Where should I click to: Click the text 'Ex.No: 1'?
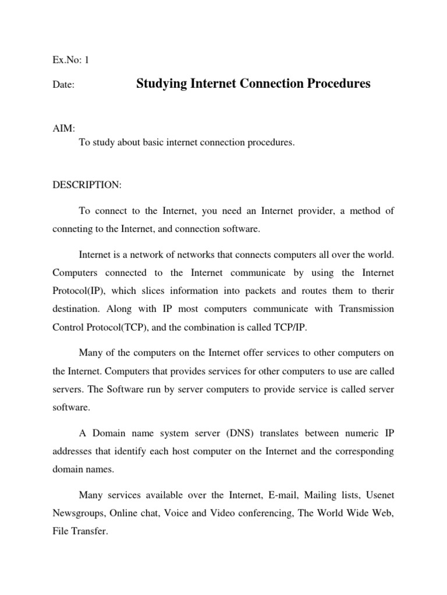(70, 59)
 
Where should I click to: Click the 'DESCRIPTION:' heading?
(87, 185)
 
